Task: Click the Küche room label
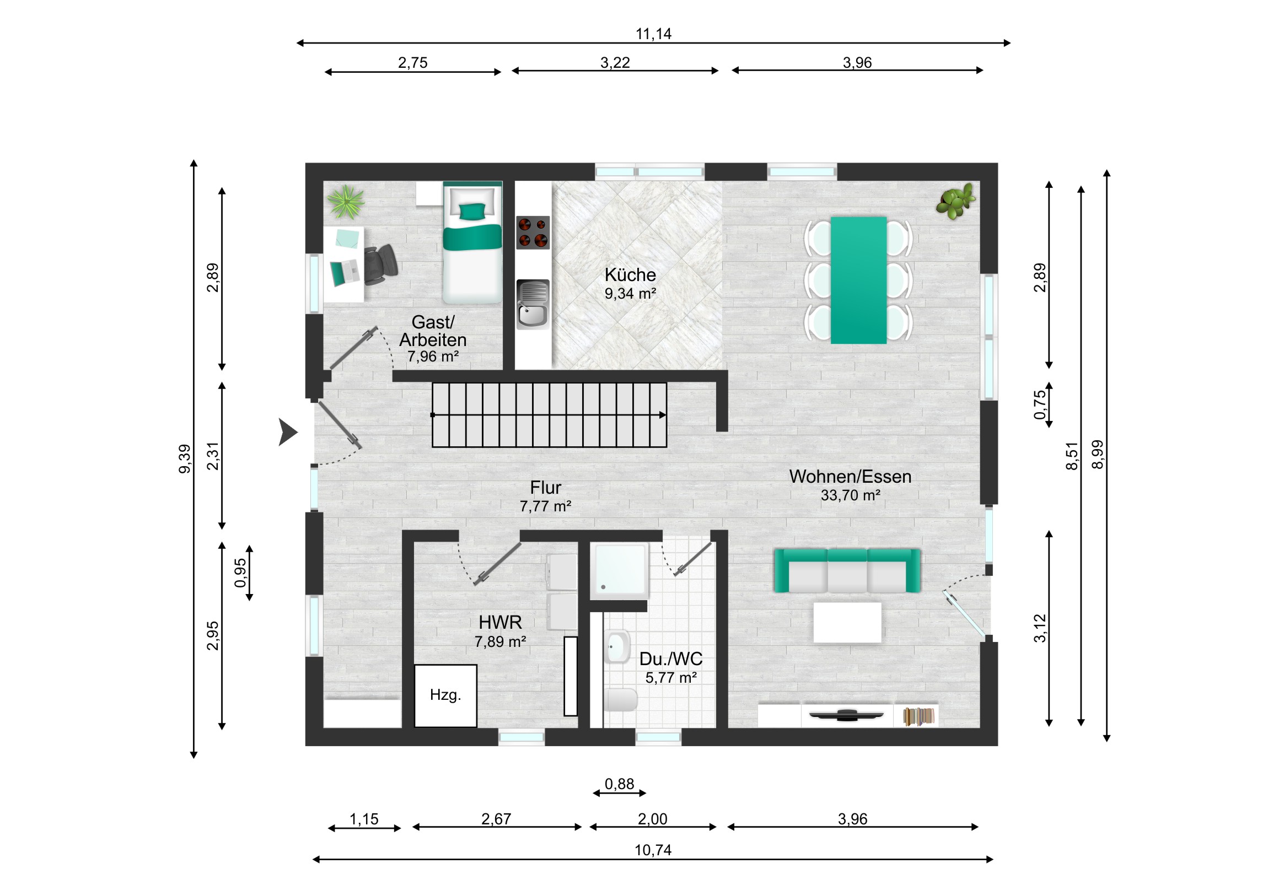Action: tap(630, 274)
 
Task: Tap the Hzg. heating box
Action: tap(445, 695)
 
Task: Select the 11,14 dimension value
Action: tap(653, 34)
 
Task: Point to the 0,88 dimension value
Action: tap(619, 784)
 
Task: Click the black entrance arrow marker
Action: tap(287, 431)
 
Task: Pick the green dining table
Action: tap(858, 280)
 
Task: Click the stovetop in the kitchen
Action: tap(533, 233)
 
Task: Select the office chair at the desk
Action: tap(380, 265)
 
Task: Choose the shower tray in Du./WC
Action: tap(619, 571)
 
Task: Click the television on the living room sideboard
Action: tap(846, 715)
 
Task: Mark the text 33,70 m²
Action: tap(850, 495)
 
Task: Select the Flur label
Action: tap(545, 488)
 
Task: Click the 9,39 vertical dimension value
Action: tap(185, 459)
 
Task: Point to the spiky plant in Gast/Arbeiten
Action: tap(346, 202)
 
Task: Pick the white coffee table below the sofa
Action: tap(847, 623)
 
